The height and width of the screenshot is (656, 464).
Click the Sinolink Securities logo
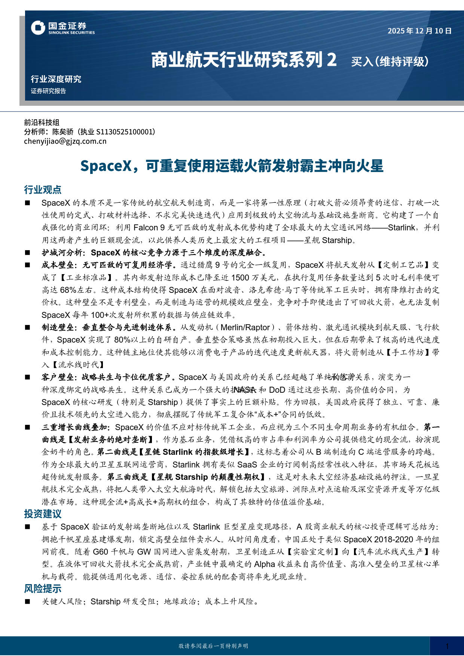click(x=63, y=28)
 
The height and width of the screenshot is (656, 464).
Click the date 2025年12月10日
click(x=419, y=31)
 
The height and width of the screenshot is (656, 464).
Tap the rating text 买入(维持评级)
click(x=390, y=61)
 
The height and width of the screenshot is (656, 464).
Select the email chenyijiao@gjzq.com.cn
click(x=65, y=141)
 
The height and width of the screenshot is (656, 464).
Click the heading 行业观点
click(x=43, y=190)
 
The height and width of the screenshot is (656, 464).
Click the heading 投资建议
click(x=43, y=514)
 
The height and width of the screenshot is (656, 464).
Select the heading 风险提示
click(x=43, y=589)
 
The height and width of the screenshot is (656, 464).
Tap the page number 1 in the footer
click(x=447, y=646)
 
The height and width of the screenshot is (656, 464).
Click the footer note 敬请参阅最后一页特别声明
click(x=213, y=646)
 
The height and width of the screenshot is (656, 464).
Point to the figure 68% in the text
click(x=68, y=290)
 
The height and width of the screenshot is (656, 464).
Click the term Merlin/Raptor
click(x=245, y=328)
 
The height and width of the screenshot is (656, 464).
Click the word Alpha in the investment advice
click(x=264, y=564)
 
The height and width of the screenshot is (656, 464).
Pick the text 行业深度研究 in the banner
click(x=56, y=79)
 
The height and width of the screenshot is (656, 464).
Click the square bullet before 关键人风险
click(x=27, y=602)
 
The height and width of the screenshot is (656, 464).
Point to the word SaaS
click(x=247, y=465)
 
